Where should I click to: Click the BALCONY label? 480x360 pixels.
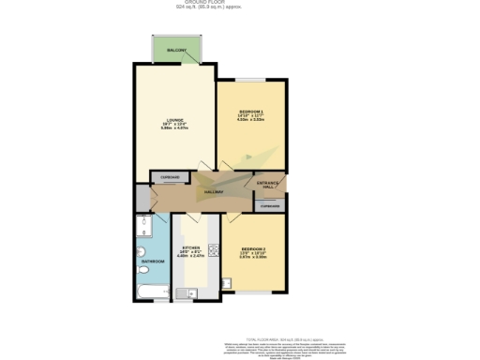click(x=177, y=50)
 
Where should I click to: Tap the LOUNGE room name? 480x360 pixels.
click(x=174, y=120)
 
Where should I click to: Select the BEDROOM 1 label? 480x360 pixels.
click(x=249, y=112)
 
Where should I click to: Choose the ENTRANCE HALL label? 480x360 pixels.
click(x=269, y=184)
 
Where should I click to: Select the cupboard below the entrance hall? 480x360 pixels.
click(x=270, y=205)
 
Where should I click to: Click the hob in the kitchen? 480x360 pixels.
click(x=214, y=249)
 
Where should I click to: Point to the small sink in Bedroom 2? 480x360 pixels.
click(x=227, y=281)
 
